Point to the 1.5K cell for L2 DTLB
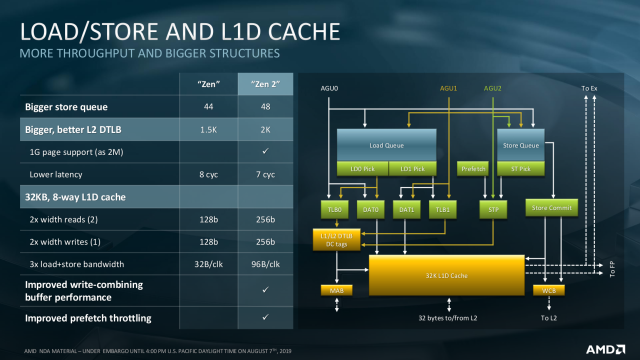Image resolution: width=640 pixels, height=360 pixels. (209, 130)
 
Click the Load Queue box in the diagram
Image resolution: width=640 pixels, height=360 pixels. (385, 143)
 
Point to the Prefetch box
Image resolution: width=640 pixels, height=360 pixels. (471, 167)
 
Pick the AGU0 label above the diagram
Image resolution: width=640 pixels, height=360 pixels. (329, 88)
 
